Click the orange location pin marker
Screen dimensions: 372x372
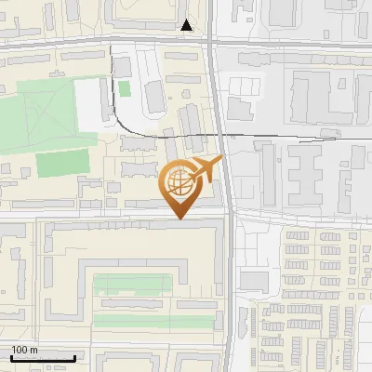180,186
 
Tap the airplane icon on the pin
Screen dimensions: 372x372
205,169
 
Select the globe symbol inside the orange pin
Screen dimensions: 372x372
179,180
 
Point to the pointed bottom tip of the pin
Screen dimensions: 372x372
180,218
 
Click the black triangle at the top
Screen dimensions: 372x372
188,25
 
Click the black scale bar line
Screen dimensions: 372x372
43,358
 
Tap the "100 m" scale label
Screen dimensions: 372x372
24,350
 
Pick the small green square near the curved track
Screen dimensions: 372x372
124,88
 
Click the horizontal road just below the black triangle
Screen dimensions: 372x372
158,41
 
